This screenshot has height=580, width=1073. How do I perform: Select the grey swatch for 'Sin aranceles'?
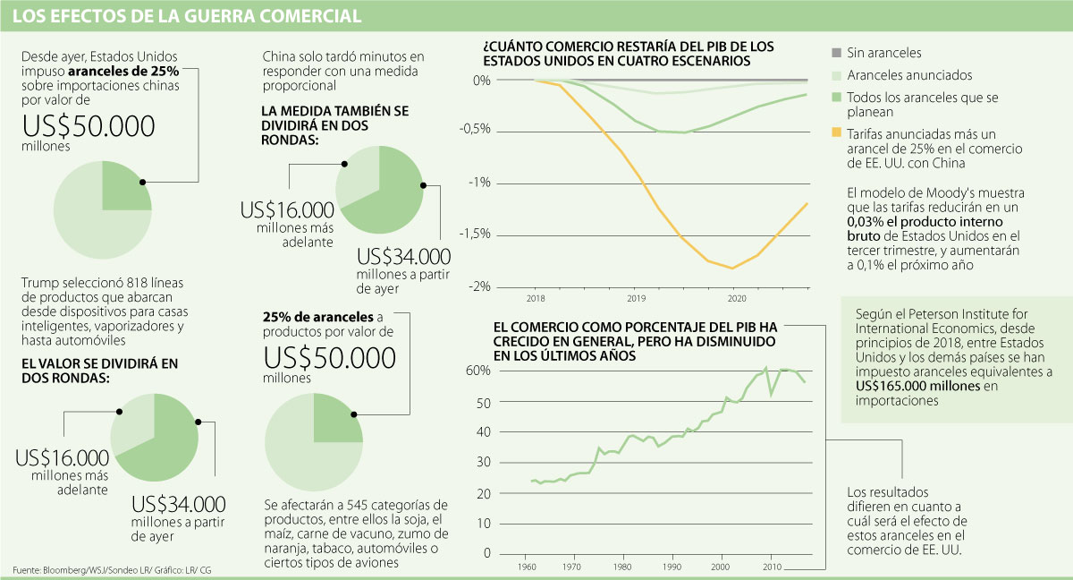(837, 54)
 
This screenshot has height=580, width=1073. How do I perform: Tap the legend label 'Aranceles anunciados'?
(909, 75)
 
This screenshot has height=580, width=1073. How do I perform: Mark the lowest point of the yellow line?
(733, 268)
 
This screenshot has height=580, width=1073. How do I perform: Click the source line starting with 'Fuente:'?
(112, 570)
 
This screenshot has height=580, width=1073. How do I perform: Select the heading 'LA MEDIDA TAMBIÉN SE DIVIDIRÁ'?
(335, 110)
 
